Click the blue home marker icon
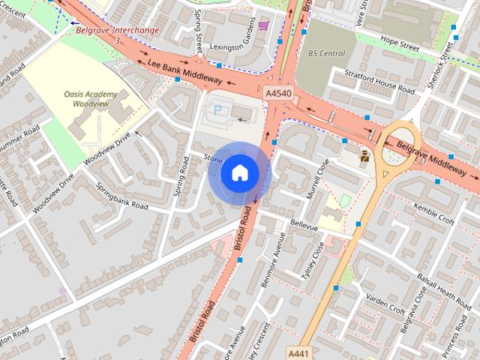pyautogui.click(x=239, y=172)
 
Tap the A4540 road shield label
pyautogui.click(x=279, y=93)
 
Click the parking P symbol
pyautogui.click(x=218, y=110)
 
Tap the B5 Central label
pyautogui.click(x=326, y=54)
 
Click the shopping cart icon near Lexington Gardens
pyautogui.click(x=262, y=25)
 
